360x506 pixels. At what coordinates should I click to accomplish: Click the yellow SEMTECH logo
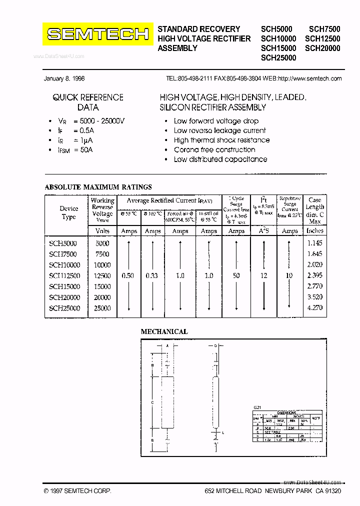(x=97, y=34)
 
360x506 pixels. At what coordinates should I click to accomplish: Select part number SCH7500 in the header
(x=324, y=29)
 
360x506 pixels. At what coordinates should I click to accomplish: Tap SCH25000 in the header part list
(x=278, y=57)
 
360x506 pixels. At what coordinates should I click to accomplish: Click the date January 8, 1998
(x=64, y=78)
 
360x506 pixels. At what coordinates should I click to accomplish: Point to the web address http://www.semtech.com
(x=309, y=78)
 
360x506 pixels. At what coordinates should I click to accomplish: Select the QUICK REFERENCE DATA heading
(x=88, y=102)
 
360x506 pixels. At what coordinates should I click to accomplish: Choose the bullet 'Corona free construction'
(x=214, y=149)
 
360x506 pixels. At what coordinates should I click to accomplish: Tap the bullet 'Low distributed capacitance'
(x=220, y=159)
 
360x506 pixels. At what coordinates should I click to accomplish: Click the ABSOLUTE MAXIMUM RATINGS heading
(x=98, y=187)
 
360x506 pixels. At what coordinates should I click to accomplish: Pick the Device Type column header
(x=69, y=212)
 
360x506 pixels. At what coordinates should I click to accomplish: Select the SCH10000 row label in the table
(x=64, y=265)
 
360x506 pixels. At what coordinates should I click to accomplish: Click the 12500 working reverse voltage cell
(x=102, y=275)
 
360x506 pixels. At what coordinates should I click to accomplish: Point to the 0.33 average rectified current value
(x=152, y=275)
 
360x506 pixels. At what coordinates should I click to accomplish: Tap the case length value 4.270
(x=314, y=308)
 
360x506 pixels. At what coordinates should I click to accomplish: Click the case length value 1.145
(x=314, y=243)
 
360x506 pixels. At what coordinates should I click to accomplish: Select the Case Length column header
(x=314, y=210)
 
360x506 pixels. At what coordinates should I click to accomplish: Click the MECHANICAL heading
(x=164, y=331)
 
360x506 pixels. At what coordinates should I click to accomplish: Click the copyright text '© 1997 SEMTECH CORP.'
(x=77, y=491)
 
